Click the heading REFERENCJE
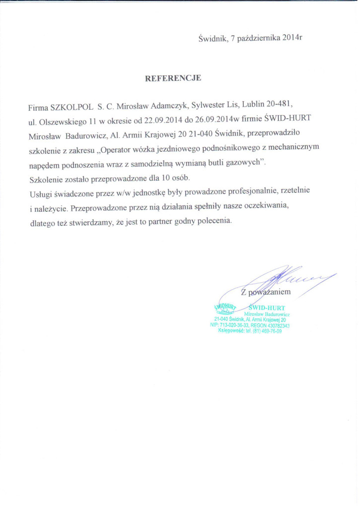point(173,78)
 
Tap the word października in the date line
point(259,38)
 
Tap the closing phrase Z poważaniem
point(266,292)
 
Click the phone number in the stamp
point(267,331)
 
